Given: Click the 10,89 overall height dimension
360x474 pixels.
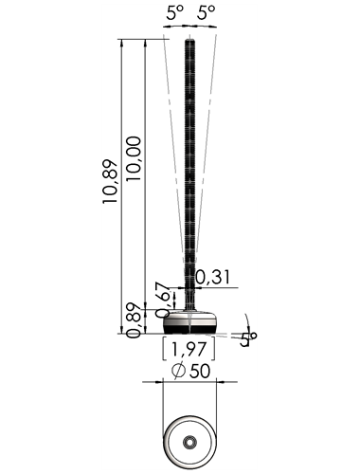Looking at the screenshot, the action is pyautogui.click(x=110, y=182).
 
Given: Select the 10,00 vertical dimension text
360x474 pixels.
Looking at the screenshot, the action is pyautogui.click(x=133, y=158).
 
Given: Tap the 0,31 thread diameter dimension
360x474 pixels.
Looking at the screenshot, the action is pyautogui.click(x=213, y=277).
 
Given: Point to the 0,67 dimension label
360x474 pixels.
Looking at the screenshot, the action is pyautogui.click(x=165, y=300).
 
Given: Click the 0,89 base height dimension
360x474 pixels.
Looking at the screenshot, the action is pyautogui.click(x=134, y=320).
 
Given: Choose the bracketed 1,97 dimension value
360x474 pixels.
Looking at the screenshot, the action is pyautogui.click(x=189, y=349).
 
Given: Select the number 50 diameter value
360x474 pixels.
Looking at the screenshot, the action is pyautogui.click(x=200, y=371).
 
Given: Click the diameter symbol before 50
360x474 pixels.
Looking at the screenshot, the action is pyautogui.click(x=178, y=371).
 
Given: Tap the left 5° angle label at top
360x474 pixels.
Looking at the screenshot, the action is pyautogui.click(x=175, y=13).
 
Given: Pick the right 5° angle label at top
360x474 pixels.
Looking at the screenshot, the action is pyautogui.click(x=207, y=13).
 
